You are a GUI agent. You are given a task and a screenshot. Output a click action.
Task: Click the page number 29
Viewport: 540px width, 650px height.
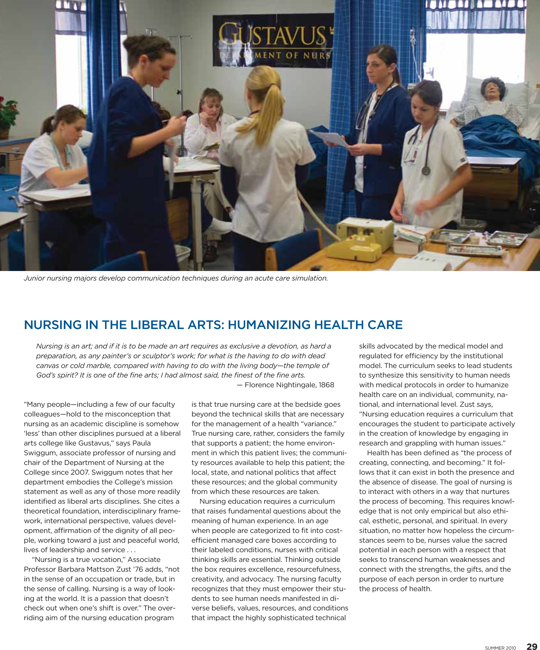coord(532,646)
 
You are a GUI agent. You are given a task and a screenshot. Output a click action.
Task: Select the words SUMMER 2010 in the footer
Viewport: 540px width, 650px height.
coord(500,647)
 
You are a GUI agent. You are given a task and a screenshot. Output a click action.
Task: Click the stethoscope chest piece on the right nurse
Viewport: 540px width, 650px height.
coord(426,170)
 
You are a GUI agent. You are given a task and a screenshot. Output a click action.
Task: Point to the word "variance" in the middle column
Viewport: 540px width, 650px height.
coord(321,424)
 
